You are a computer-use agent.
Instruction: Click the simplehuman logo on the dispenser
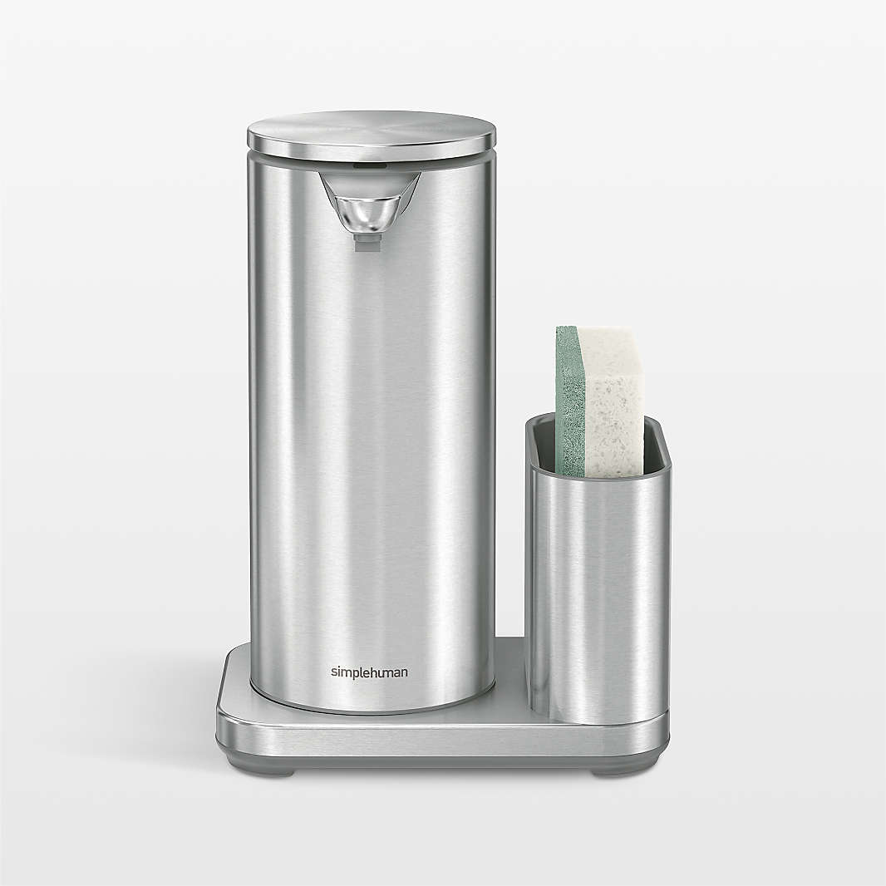369,672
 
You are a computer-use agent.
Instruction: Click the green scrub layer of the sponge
569,399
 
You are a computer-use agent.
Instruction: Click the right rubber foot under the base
611,771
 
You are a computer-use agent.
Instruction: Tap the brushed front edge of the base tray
441,736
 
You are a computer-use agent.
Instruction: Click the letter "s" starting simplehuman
334,672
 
